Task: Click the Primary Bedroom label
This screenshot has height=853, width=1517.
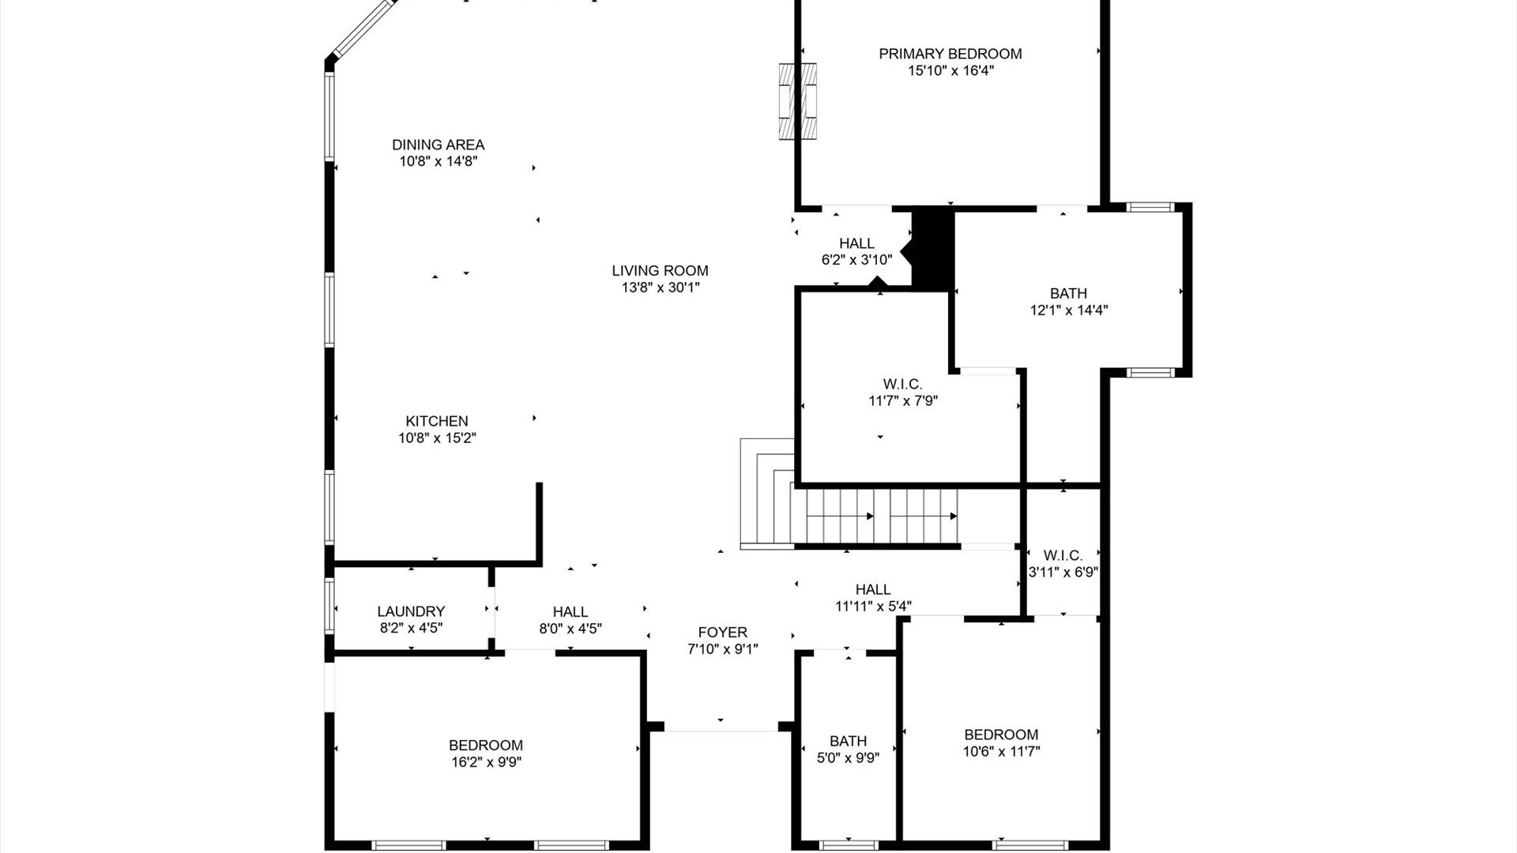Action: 950,54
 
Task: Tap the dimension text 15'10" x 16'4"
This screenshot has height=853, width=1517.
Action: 950,71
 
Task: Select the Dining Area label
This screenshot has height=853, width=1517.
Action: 439,145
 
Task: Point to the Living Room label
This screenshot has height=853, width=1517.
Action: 660,271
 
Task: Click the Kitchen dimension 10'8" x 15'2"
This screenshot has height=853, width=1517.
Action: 437,438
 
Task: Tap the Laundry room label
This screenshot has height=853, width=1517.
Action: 411,611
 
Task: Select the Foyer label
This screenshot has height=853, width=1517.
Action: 722,633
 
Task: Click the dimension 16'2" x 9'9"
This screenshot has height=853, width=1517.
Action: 485,762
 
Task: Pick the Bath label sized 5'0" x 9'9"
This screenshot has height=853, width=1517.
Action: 848,741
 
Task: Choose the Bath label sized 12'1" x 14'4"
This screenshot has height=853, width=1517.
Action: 1068,294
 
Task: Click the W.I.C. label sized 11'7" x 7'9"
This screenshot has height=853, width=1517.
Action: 902,384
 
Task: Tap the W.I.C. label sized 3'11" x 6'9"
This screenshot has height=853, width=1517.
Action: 1063,555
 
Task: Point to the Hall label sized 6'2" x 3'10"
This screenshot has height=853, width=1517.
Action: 856,243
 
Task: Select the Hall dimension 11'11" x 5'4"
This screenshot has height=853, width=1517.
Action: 873,607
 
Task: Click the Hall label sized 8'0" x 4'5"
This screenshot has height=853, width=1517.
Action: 570,611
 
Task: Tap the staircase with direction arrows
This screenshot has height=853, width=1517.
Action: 877,517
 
